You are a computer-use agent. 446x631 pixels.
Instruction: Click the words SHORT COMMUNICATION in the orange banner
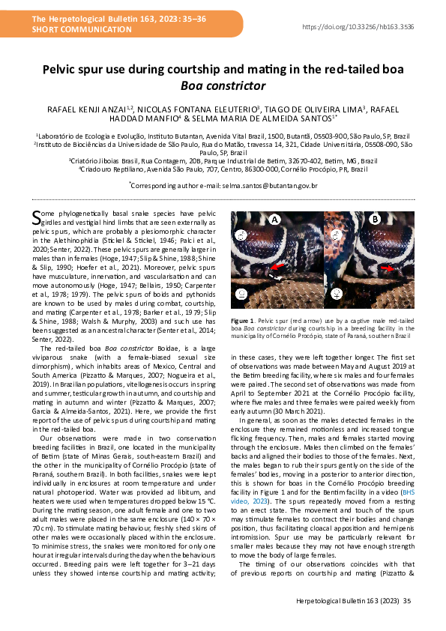67,29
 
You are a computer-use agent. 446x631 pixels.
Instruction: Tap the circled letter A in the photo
274,220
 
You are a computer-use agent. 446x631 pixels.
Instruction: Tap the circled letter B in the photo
375,220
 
